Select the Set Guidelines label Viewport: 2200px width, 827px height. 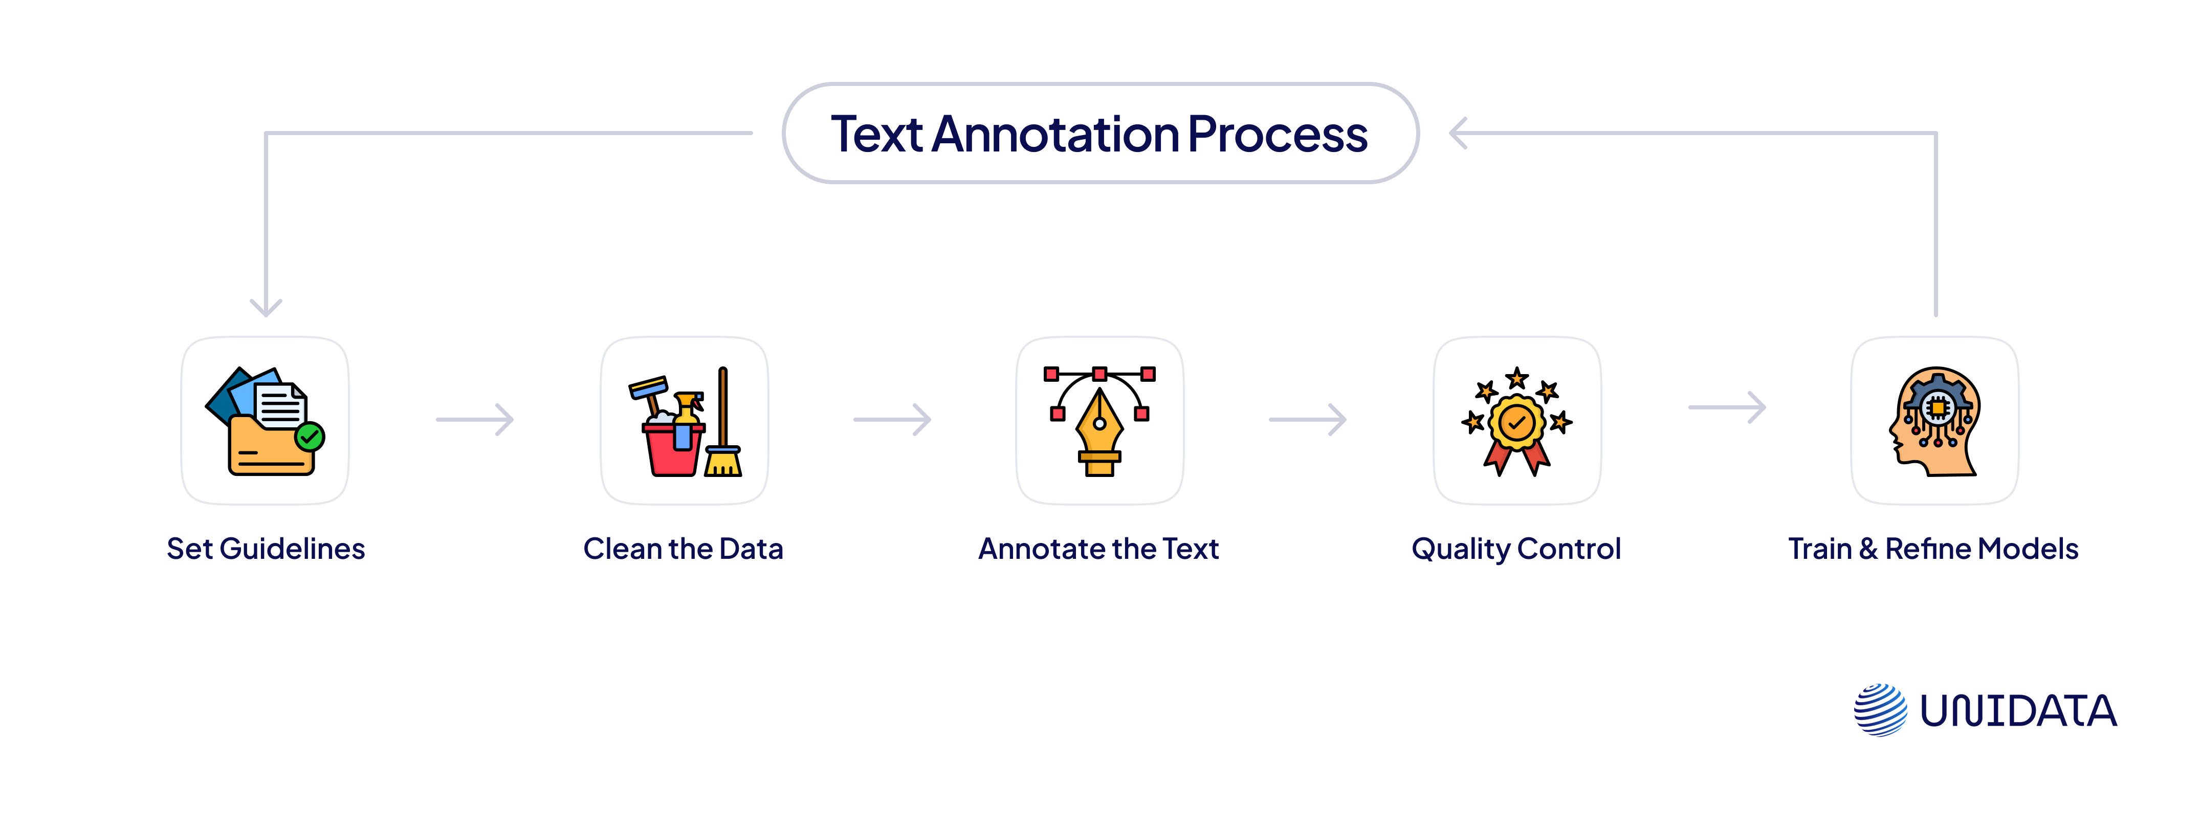coord(266,549)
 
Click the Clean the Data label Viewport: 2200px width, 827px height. coord(683,549)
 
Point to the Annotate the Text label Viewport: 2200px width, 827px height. coord(1098,549)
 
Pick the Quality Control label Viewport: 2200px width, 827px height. coord(1516,549)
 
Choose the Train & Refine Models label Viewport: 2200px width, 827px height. coord(1933,549)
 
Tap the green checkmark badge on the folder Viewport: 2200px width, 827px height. coord(310,438)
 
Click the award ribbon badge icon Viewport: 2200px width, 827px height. coord(1517,423)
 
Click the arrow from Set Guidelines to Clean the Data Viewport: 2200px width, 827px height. coord(475,420)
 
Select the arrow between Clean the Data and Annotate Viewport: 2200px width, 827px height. coord(892,420)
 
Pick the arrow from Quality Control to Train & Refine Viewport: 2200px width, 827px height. coord(1726,407)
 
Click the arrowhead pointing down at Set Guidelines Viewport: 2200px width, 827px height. coord(266,306)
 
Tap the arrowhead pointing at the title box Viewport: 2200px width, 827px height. coord(1459,133)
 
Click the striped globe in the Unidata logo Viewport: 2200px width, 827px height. coord(1880,709)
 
